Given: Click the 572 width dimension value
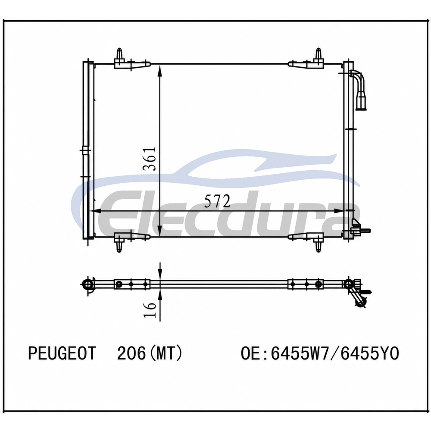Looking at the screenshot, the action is click(217, 201).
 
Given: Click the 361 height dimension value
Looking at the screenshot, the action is click(150, 159).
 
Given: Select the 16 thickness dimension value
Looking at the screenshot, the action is click(150, 310).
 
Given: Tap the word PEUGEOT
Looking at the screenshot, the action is click(62, 353).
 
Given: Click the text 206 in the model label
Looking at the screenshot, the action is click(131, 353).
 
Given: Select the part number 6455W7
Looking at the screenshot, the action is click(300, 353).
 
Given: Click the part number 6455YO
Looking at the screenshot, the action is click(370, 353).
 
